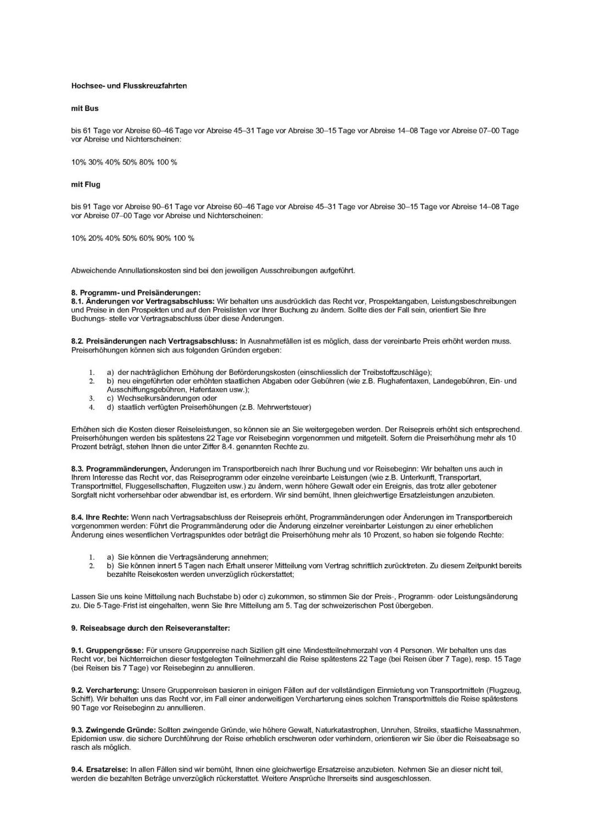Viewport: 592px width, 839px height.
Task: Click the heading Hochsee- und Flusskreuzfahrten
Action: (129, 86)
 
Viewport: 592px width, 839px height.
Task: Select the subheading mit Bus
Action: (85, 108)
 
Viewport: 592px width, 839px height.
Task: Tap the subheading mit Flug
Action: (86, 184)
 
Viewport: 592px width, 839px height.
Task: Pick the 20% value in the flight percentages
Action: (96, 238)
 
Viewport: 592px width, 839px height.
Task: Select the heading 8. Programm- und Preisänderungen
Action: (136, 292)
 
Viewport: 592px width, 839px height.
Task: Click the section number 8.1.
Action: (77, 301)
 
